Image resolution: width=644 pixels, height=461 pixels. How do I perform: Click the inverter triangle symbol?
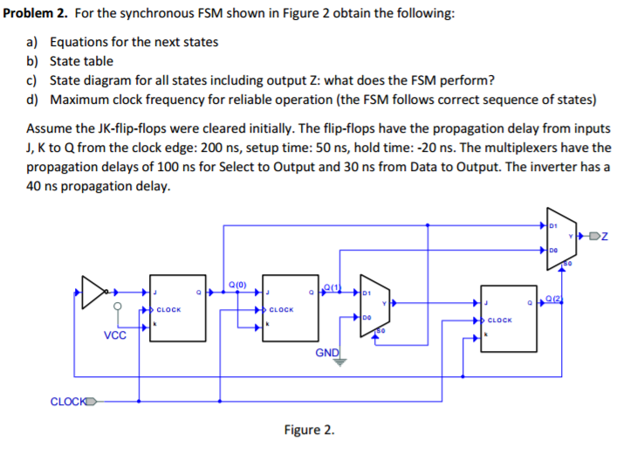pyautogui.click(x=94, y=293)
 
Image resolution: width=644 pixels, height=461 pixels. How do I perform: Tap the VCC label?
pyautogui.click(x=115, y=334)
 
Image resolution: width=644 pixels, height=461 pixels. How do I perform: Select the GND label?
pyautogui.click(x=326, y=353)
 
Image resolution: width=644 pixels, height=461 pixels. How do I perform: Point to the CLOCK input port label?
pyautogui.click(x=71, y=402)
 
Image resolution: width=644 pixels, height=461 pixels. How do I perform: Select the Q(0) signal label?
pyautogui.click(x=236, y=284)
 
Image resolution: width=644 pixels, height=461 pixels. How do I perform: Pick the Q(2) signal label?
pyautogui.click(x=554, y=300)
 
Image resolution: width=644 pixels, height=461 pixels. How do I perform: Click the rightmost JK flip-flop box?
pyautogui.click(x=509, y=319)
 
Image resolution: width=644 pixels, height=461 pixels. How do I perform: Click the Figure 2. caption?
pyautogui.click(x=309, y=430)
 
